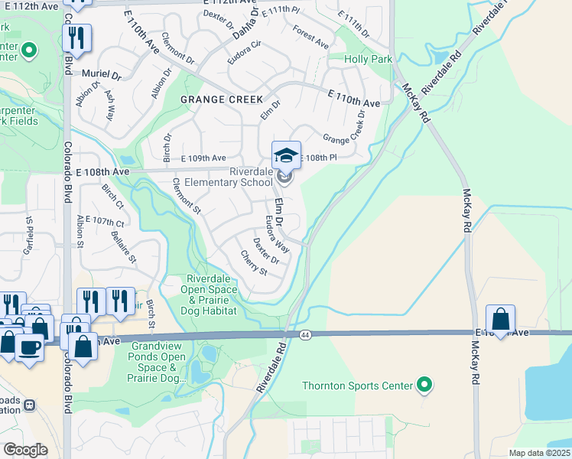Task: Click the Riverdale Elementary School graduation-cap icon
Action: (x=286, y=155)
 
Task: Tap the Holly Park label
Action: (x=368, y=59)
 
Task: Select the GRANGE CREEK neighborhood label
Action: (x=222, y=99)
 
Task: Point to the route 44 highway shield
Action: (x=305, y=335)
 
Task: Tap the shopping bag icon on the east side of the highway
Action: (x=500, y=319)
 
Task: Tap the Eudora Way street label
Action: (x=277, y=234)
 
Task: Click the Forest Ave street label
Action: (x=310, y=37)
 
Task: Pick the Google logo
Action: (x=25, y=450)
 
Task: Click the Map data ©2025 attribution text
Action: (x=538, y=453)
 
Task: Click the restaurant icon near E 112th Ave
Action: (x=77, y=37)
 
